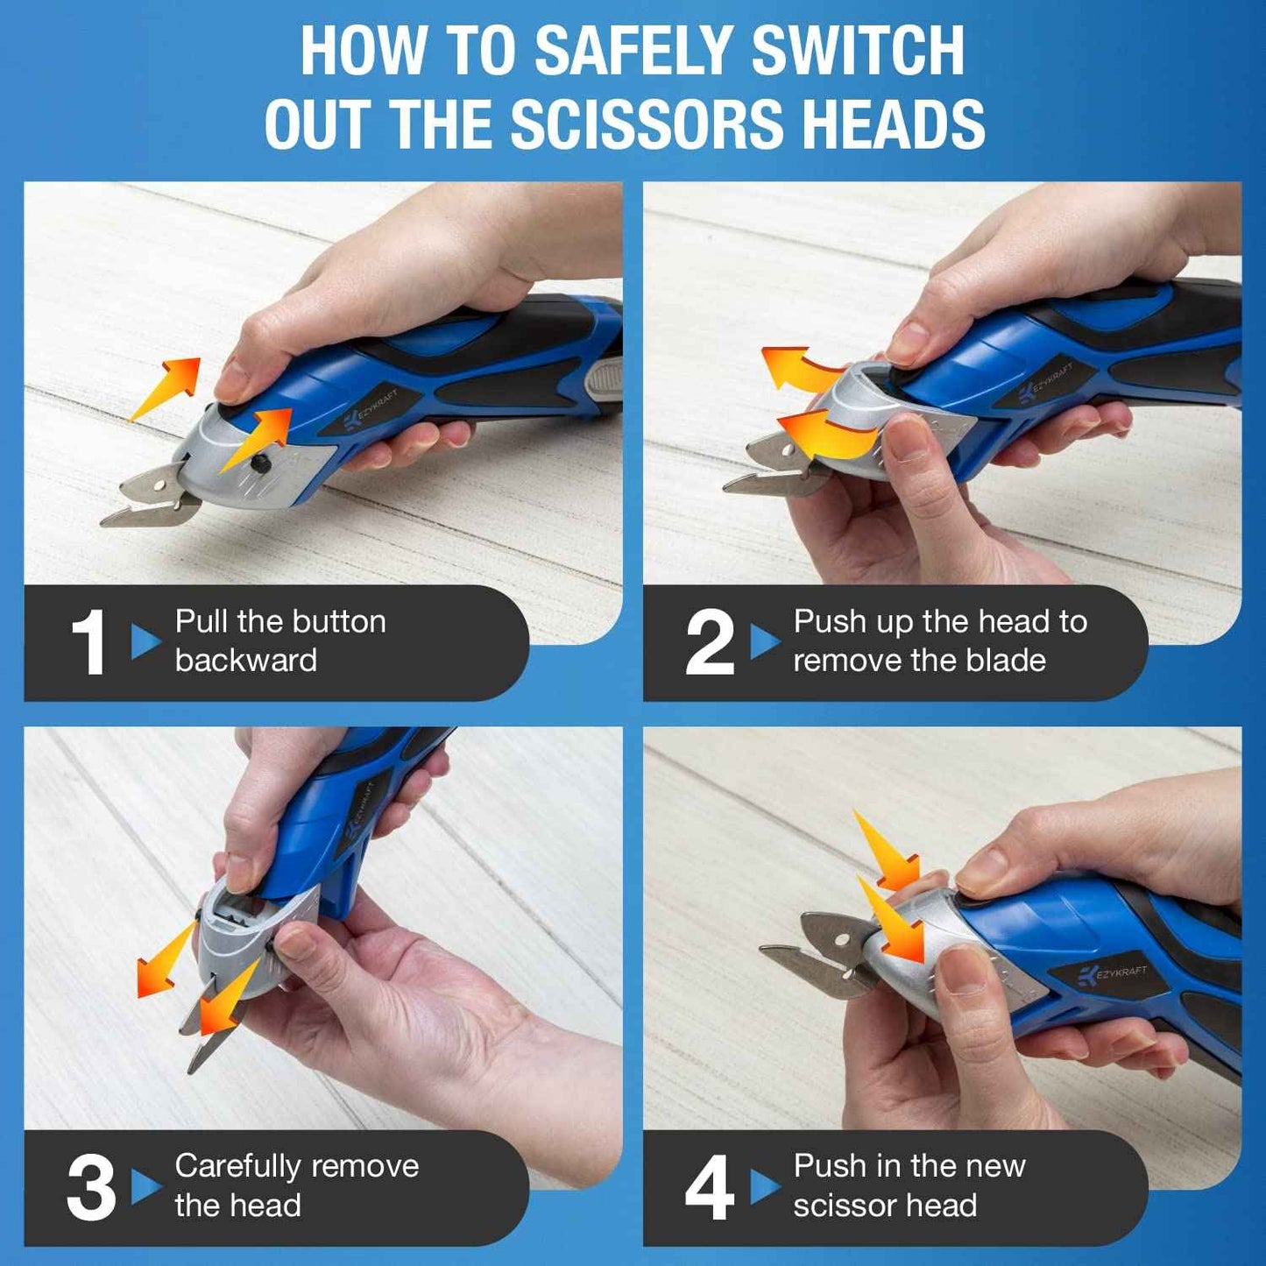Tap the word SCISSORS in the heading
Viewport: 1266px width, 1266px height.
[649, 124]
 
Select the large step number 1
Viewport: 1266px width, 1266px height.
[88, 643]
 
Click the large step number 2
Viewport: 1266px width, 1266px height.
[709, 643]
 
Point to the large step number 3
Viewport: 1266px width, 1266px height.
[90, 1188]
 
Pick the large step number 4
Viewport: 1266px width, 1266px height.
[709, 1188]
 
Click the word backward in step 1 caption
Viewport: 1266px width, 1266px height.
[246, 661]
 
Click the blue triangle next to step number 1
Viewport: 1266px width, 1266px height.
[145, 641]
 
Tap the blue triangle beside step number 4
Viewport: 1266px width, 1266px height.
[764, 1187]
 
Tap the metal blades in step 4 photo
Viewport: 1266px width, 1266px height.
[819, 955]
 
